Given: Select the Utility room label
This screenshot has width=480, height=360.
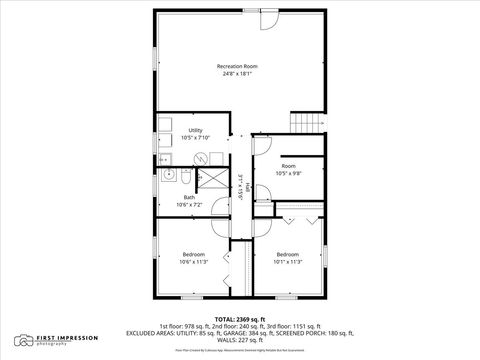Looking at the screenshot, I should (196, 131).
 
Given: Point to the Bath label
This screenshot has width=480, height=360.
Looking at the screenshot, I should (189, 197).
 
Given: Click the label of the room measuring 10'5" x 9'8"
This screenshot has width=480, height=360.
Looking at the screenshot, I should (288, 166).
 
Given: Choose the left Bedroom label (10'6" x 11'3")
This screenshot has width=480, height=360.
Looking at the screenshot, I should (193, 254).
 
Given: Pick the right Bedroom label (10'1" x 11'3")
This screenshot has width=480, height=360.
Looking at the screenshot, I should (288, 254).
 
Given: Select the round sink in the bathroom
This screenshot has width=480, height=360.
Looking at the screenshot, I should (185, 176).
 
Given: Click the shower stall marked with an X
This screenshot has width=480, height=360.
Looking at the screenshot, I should (212, 176).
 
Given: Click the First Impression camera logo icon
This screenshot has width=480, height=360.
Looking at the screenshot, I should (20, 340).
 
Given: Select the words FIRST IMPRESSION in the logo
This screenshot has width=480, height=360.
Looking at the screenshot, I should (61, 337).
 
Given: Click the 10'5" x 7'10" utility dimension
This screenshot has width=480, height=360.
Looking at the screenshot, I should (196, 138).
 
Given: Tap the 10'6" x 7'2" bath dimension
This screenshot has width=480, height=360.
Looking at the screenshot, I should (189, 204).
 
